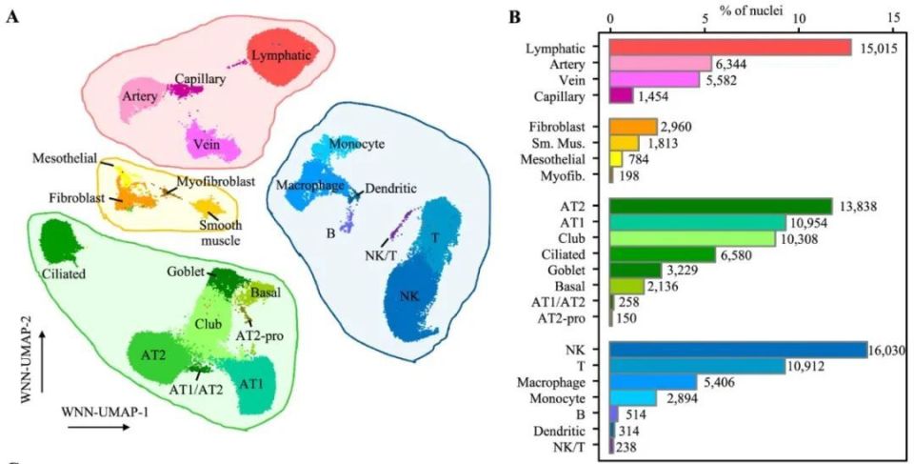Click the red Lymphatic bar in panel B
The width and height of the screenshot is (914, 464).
pyautogui.click(x=729, y=48)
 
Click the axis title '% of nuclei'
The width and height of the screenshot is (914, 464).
pyautogui.click(x=750, y=9)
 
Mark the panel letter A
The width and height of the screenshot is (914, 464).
pyautogui.click(x=13, y=19)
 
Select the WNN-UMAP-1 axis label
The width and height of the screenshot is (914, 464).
pyautogui.click(x=99, y=413)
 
